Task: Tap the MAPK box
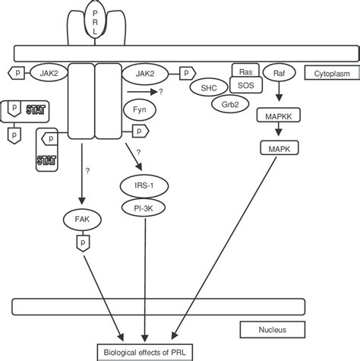278,147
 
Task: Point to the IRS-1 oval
141,185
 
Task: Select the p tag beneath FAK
82,242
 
